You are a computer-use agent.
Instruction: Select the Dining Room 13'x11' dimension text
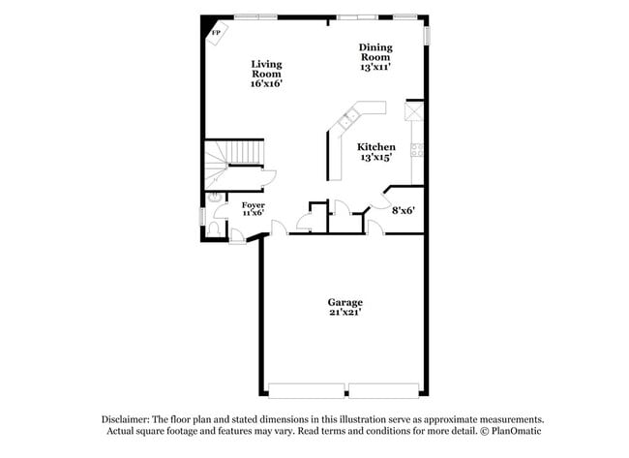[375, 68]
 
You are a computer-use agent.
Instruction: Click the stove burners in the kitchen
[417, 149]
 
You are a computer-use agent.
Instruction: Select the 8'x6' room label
[403, 209]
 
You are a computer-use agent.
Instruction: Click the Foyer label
[253, 205]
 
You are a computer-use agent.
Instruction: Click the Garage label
[344, 302]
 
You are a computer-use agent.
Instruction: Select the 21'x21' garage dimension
[344, 313]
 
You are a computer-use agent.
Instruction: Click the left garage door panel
[306, 390]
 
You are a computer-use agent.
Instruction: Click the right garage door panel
[386, 390]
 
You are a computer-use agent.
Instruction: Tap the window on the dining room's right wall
[427, 32]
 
